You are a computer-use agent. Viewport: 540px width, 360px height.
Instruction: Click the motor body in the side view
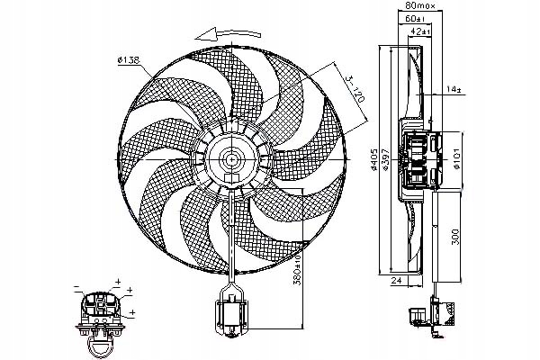tap(418, 159)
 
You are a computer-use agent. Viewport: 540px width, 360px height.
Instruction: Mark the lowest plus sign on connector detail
tap(132, 311)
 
